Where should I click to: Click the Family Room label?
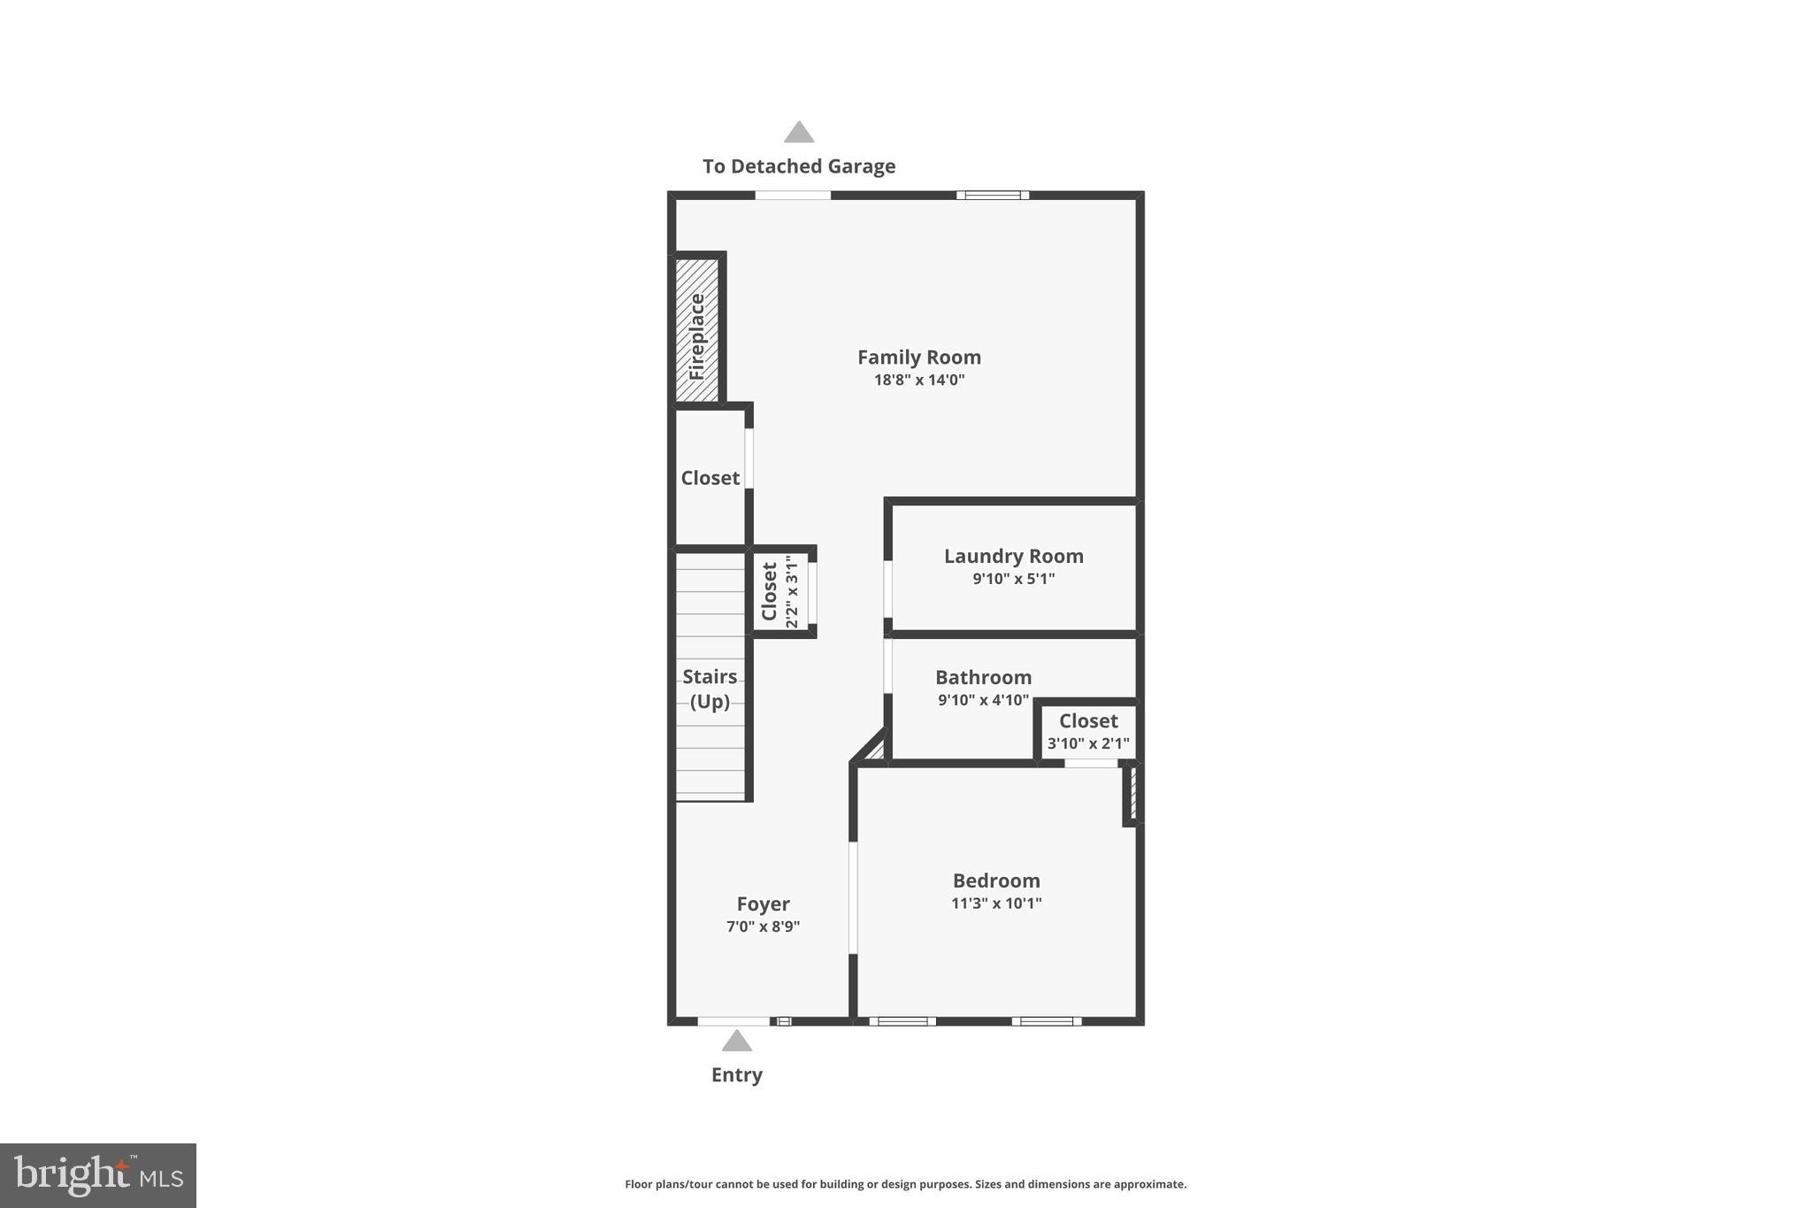click(x=918, y=358)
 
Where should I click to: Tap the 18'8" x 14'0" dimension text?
click(x=918, y=381)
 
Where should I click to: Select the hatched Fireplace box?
click(x=696, y=329)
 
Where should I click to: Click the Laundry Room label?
click(x=1013, y=557)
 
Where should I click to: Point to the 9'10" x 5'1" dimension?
click(x=1013, y=580)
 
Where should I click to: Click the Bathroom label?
click(x=983, y=678)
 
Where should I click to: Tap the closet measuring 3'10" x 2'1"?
click(x=1088, y=731)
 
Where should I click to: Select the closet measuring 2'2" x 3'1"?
click(x=779, y=591)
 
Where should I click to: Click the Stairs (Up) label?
click(x=710, y=689)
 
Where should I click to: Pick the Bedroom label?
click(x=995, y=881)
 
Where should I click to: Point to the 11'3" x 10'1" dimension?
click(x=995, y=904)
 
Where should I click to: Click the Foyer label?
click(x=763, y=904)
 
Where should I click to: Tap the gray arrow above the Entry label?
click(x=736, y=1042)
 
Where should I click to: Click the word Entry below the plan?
click(x=736, y=1075)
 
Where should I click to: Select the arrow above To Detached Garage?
click(x=798, y=133)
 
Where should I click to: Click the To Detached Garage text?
click(x=798, y=166)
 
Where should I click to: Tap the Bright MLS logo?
click(x=98, y=1175)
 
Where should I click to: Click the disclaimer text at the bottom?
click(x=905, y=1184)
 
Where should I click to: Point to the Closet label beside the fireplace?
click(x=710, y=478)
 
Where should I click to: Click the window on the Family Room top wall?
click(x=992, y=196)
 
